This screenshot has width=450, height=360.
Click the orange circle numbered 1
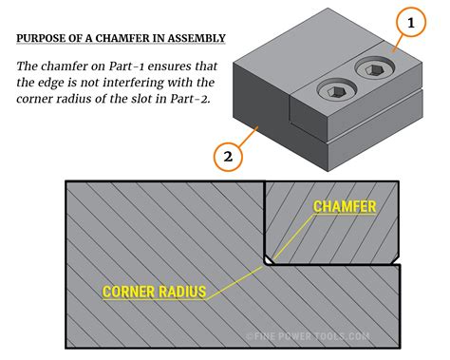pos(411,22)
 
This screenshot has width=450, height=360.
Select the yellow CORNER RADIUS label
pos(154,291)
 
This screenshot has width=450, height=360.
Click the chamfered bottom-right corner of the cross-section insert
pos(394,257)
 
